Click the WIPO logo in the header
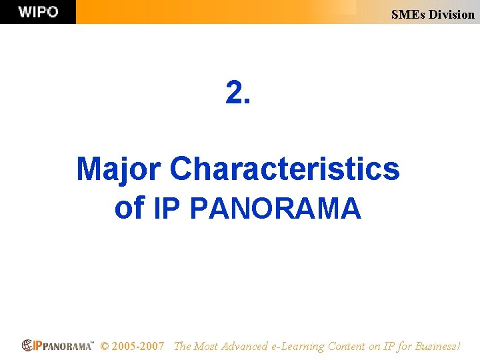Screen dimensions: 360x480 coord(38,12)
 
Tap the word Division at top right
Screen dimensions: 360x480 coord(451,14)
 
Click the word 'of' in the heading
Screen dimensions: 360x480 coord(129,208)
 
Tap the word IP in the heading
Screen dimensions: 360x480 coord(167,208)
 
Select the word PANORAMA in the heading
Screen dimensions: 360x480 coord(275,208)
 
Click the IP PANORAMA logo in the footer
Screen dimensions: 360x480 coord(58,345)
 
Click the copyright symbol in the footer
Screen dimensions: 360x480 coord(104,346)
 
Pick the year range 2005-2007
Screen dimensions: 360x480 coord(138,346)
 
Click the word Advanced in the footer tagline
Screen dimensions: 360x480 coord(245,346)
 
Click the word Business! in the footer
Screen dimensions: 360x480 coord(437,346)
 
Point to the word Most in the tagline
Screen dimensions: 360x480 coord(207,346)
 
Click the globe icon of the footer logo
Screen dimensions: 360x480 coord(27,345)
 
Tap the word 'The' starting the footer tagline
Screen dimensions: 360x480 coord(182,346)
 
